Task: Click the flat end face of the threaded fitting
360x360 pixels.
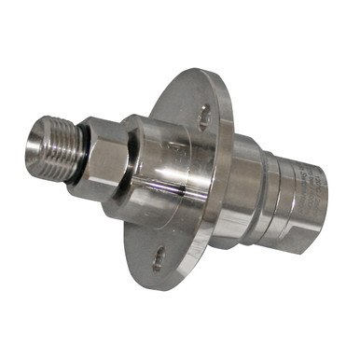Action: pyautogui.click(x=39, y=146)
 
